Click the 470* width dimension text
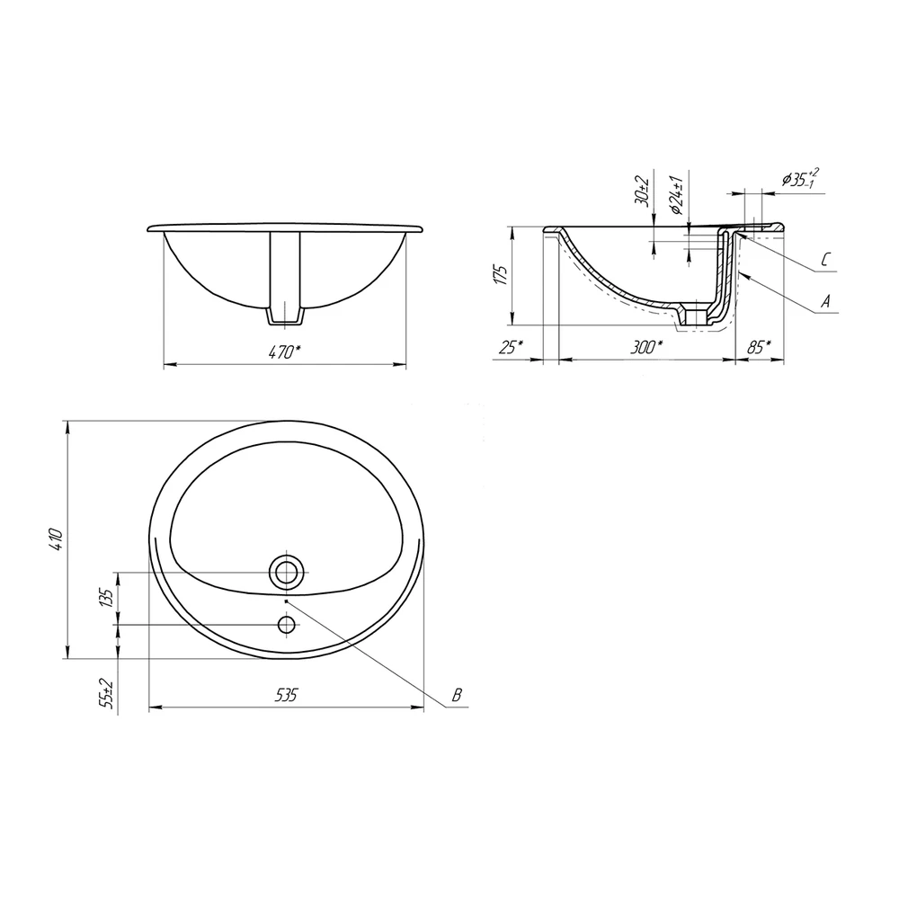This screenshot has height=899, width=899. (285, 352)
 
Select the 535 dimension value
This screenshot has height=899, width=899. (286, 695)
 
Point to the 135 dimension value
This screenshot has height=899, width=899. (105, 598)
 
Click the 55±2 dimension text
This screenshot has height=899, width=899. (105, 693)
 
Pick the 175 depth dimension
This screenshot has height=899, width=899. (501, 275)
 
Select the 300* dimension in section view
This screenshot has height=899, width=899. (646, 347)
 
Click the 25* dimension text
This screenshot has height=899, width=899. (511, 347)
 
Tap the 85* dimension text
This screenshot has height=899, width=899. (759, 347)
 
